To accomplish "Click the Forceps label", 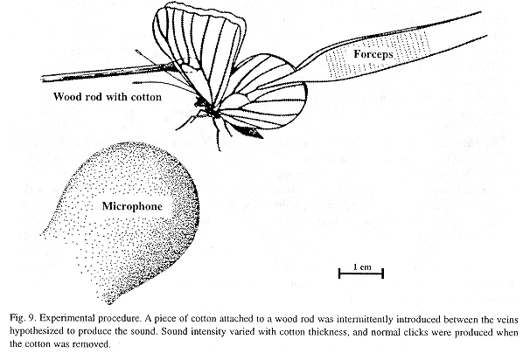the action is (373, 54).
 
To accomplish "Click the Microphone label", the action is (132, 206).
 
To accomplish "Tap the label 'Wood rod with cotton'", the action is (108, 97).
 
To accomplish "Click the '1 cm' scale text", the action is (362, 267).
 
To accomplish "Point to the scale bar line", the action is (361, 273).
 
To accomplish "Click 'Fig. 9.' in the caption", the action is (23, 318).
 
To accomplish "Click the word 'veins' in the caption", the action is (506, 319).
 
